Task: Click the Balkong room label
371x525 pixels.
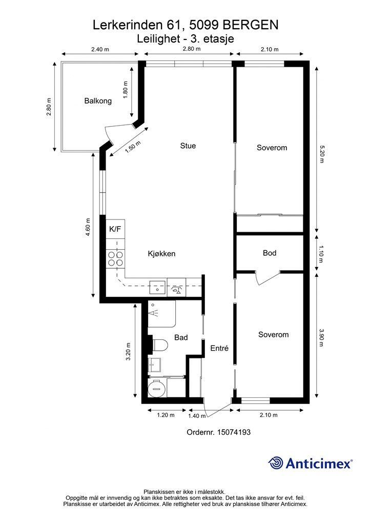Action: point(98,101)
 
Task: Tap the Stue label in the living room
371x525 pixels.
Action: point(188,146)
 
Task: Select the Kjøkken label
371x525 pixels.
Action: point(161,254)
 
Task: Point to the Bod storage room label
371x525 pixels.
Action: point(270,253)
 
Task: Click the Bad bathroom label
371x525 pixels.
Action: point(181,337)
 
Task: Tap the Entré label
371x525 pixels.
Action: point(219,348)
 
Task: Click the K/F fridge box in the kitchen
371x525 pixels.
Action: point(115,229)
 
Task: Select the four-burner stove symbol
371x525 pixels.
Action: point(115,258)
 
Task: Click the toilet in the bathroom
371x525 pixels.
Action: point(159,345)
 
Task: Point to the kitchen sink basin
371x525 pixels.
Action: point(157,287)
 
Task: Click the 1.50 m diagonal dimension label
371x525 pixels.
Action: point(133,147)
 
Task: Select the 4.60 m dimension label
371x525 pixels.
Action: point(88,227)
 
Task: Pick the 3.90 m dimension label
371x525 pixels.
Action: point(322,337)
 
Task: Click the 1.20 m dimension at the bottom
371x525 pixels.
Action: point(166,415)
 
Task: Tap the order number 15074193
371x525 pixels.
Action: point(234,432)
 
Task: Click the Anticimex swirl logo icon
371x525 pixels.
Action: point(275,463)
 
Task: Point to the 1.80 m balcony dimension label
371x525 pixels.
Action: point(126,90)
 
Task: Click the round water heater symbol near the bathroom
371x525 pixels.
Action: point(157,389)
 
